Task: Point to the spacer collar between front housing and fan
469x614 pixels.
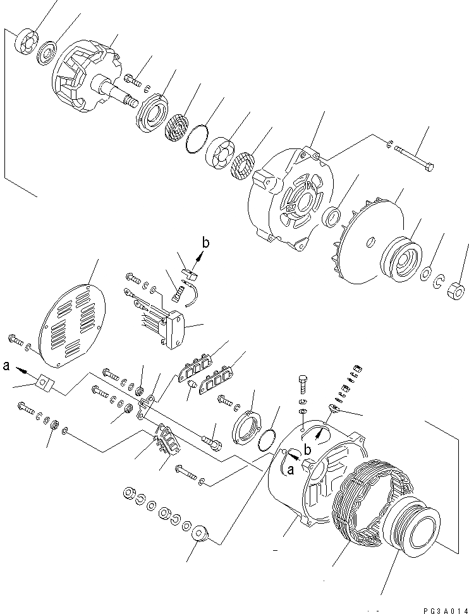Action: (331, 219)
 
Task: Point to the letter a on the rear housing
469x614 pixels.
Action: (290, 469)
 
